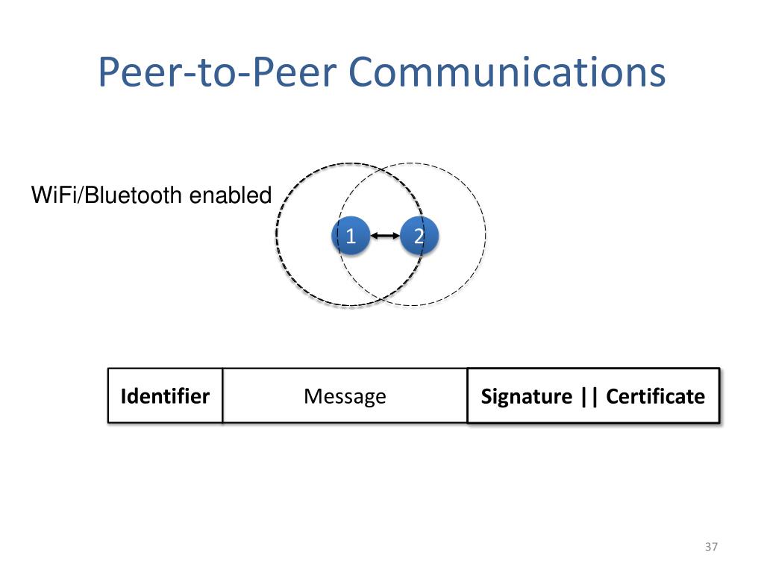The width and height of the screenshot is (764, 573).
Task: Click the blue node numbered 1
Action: point(351,236)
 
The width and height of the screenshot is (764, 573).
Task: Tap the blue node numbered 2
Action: point(419,236)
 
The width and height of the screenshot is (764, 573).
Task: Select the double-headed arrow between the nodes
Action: point(385,236)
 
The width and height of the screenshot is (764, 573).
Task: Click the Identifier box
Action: point(165,395)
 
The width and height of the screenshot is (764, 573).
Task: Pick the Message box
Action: point(345,395)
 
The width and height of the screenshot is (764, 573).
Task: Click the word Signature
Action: point(527,397)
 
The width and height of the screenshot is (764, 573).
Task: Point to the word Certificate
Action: point(655,396)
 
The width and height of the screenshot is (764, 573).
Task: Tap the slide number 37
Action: point(711,547)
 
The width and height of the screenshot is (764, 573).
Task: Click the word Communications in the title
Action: point(507,72)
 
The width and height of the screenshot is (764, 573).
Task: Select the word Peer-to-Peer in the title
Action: point(217,72)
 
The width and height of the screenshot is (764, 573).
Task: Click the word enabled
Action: point(231,195)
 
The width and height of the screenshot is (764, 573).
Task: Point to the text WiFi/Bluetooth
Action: point(107,195)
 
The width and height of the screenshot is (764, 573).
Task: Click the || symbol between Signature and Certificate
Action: point(589,397)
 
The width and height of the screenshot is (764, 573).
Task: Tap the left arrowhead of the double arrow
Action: point(374,236)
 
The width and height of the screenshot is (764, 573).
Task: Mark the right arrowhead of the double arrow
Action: point(396,236)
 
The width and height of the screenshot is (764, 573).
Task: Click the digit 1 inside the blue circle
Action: point(351,237)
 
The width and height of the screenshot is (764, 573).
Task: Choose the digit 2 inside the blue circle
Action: point(419,237)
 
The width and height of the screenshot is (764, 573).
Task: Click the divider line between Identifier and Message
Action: point(222,395)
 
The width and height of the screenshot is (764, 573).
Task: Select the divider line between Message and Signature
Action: point(468,395)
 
